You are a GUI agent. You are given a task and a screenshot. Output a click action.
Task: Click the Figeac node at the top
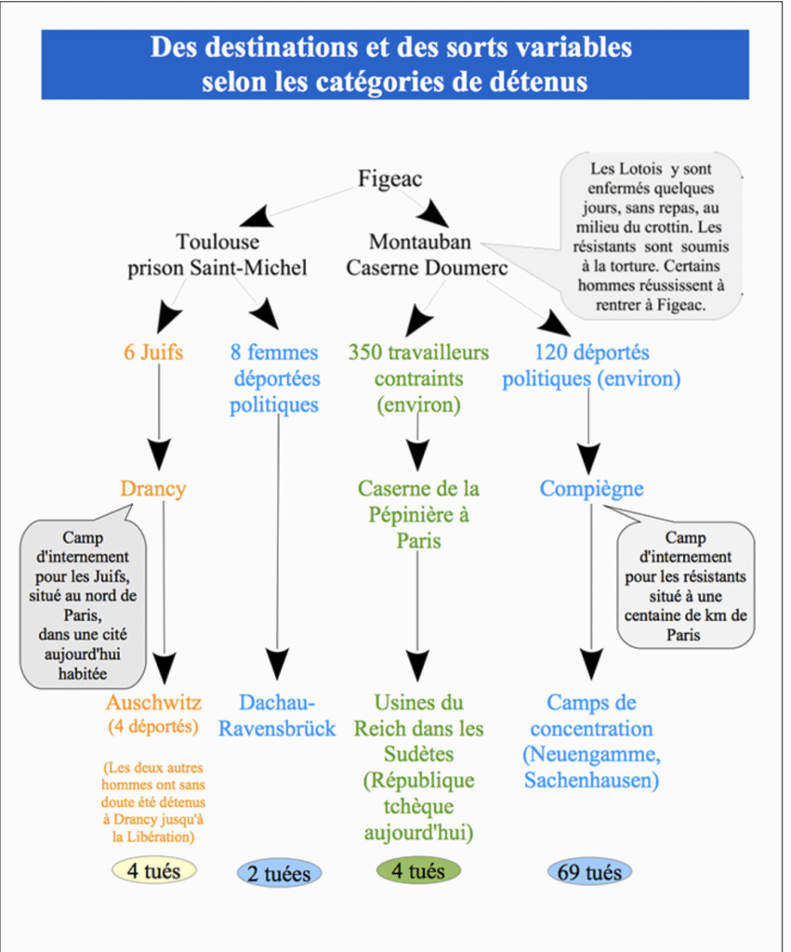[389, 178]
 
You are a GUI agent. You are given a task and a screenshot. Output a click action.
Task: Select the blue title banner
[395, 64]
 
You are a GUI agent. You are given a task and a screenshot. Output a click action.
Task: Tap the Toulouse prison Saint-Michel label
[218, 255]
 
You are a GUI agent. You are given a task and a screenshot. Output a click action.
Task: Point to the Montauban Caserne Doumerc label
[427, 255]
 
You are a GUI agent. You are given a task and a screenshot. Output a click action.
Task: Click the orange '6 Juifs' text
[153, 352]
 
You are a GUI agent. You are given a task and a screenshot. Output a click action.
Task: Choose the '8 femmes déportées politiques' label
[274, 378]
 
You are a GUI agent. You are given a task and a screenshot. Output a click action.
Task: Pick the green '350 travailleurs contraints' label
[419, 378]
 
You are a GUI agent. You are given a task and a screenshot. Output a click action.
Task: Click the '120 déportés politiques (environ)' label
[591, 365]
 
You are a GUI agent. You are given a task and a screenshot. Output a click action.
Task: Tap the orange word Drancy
[153, 489]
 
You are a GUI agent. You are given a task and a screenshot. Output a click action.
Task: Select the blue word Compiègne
[592, 489]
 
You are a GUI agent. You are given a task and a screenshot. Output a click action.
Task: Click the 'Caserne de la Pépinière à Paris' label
[418, 514]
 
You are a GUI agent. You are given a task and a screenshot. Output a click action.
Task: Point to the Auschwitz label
[153, 703]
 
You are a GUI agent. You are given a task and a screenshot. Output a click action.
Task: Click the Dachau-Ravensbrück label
[277, 715]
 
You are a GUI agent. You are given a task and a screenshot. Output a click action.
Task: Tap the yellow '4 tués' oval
[153, 870]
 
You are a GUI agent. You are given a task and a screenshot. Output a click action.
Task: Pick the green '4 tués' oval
[418, 870]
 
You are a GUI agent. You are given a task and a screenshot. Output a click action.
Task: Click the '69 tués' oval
[589, 872]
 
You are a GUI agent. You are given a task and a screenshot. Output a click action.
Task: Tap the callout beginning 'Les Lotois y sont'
[651, 237]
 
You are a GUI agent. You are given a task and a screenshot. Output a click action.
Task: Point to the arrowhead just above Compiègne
[589, 458]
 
